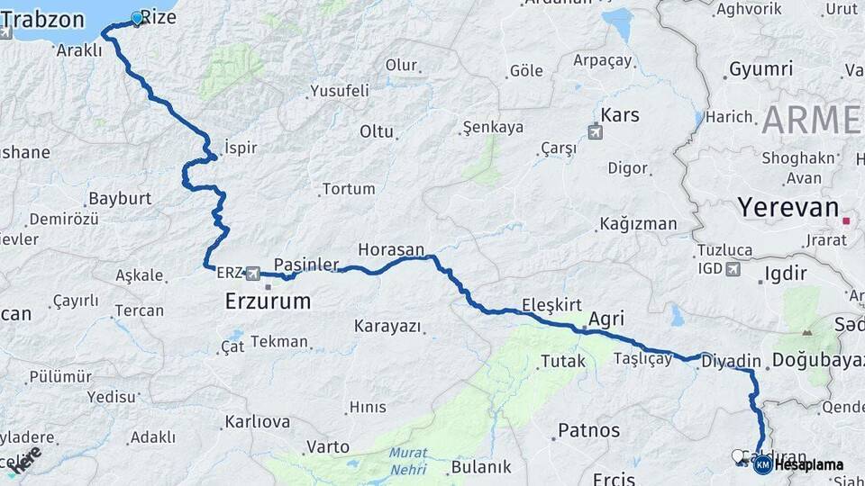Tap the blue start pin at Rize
tap(137, 17)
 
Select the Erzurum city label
tap(268, 301)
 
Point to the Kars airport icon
tap(596, 132)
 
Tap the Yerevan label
tap(788, 208)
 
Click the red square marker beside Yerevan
tap(846, 220)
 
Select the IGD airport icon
tap(732, 268)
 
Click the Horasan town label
tap(390, 249)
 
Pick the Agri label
tap(605, 319)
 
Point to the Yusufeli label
tap(339, 90)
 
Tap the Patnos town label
tap(588, 430)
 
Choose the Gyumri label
tap(760, 69)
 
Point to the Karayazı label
tap(387, 326)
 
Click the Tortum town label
tap(348, 189)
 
